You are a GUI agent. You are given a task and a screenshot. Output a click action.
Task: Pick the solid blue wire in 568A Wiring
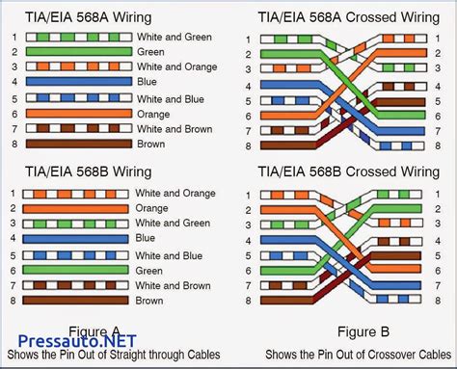click(76, 83)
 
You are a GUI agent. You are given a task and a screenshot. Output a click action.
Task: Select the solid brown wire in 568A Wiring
click(76, 144)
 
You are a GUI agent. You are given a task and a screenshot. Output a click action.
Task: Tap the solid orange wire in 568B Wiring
click(76, 207)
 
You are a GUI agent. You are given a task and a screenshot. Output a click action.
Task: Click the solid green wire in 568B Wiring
click(76, 271)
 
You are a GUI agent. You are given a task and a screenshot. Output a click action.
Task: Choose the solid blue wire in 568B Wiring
click(76, 237)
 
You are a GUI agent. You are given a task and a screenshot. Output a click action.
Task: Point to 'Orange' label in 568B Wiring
click(152, 207)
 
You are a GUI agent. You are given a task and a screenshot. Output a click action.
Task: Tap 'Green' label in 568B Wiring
click(150, 271)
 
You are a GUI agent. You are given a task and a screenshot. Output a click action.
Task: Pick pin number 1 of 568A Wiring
click(13, 38)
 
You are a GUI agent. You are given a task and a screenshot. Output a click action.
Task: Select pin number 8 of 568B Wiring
click(13, 300)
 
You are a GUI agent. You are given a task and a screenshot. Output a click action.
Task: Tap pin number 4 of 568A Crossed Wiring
click(249, 87)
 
